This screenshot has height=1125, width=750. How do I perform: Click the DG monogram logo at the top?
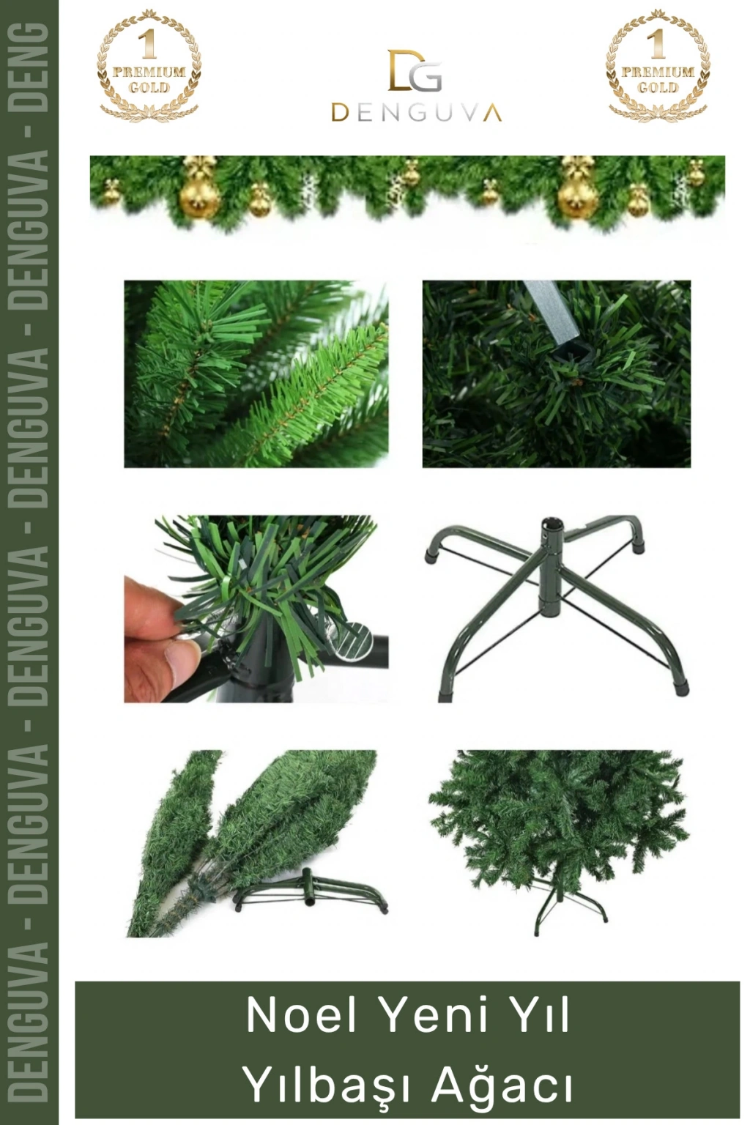pos(415,70)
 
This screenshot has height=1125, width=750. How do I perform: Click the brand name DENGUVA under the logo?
pos(417,113)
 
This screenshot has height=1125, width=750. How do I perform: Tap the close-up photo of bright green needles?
pos(256,374)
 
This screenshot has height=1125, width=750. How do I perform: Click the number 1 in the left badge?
pos(147,44)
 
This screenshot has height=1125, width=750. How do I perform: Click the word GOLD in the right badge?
pos(658,88)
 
